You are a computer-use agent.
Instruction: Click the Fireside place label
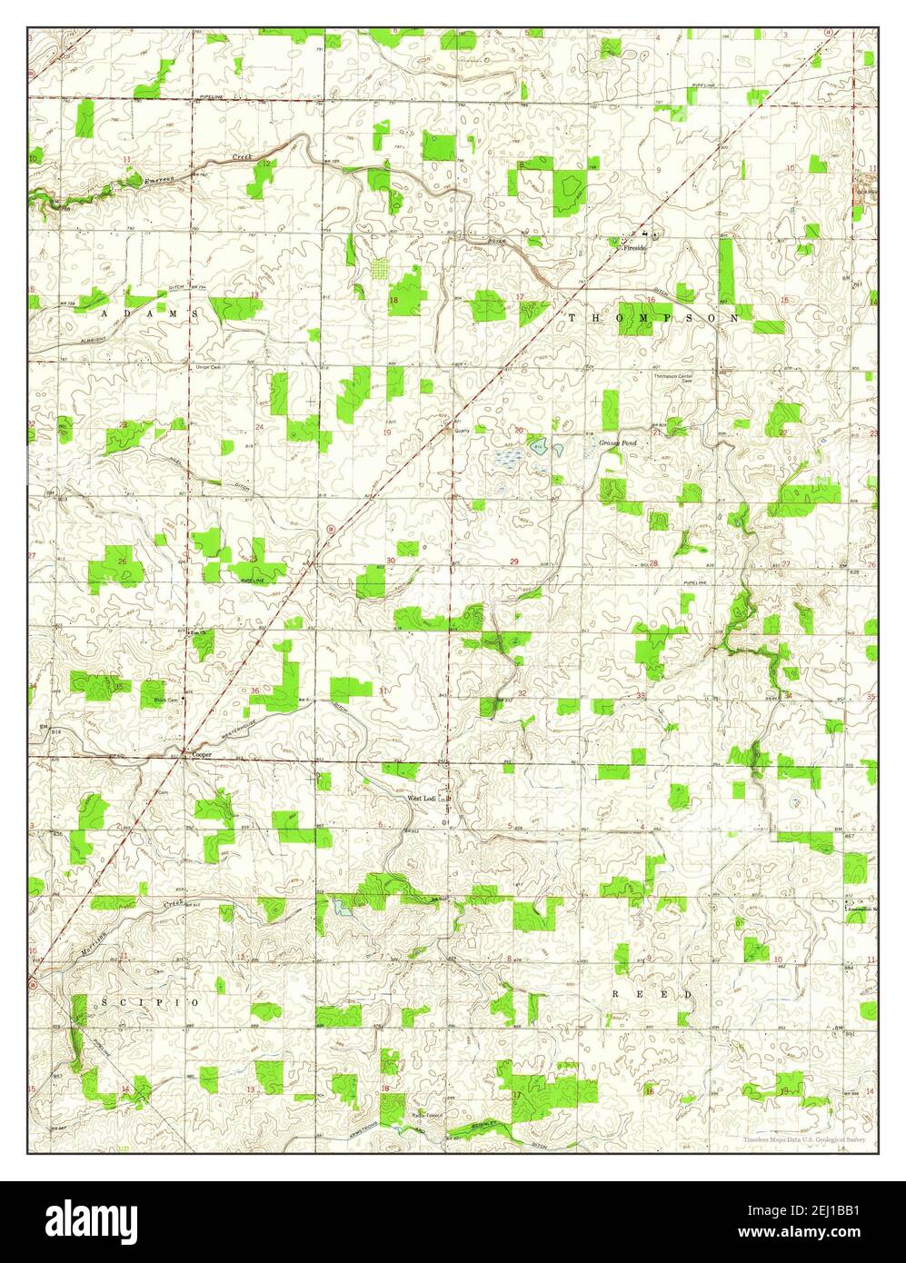coord(632,247)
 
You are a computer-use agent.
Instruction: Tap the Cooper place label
coord(202,753)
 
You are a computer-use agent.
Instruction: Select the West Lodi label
coord(422,798)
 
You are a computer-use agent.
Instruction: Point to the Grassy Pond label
coord(617,443)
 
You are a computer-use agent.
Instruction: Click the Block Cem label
coord(165,700)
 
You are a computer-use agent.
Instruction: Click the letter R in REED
coord(615,995)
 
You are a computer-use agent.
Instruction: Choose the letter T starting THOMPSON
coord(573,318)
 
